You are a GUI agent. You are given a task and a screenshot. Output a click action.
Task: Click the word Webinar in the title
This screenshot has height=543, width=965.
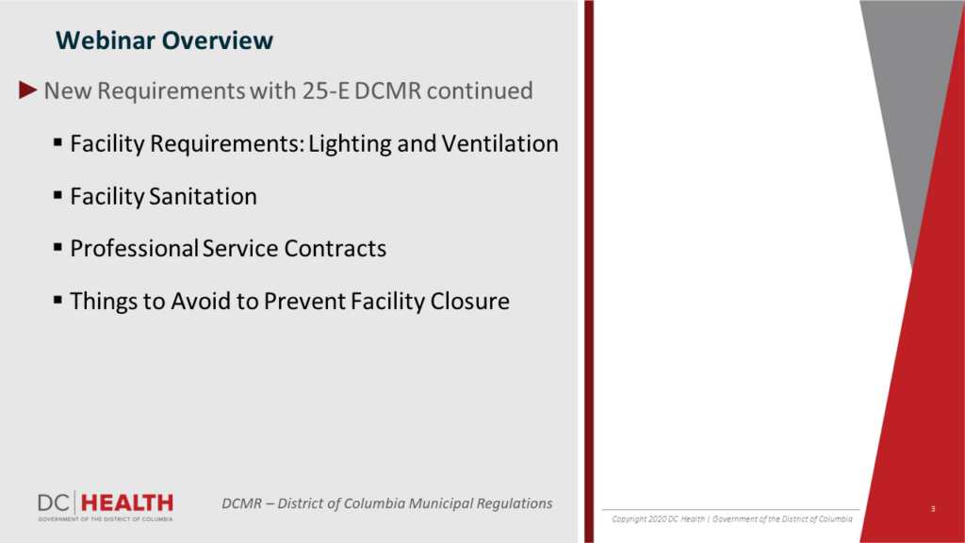(x=106, y=40)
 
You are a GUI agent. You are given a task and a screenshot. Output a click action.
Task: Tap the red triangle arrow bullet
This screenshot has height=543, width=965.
(x=27, y=90)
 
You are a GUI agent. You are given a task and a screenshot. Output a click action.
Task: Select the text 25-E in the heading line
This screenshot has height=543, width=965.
(x=325, y=90)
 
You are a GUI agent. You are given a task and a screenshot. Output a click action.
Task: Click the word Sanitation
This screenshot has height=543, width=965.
(x=204, y=196)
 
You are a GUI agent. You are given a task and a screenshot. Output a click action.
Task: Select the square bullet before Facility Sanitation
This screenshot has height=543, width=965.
(x=57, y=195)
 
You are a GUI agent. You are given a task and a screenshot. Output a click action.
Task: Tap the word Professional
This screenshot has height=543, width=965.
(x=134, y=249)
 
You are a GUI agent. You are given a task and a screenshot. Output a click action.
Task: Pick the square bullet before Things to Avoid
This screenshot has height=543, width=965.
(x=57, y=301)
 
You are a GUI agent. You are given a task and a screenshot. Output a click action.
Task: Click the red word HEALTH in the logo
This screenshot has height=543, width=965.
(x=127, y=503)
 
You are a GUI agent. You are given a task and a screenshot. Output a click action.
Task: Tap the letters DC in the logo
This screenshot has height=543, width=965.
(x=54, y=503)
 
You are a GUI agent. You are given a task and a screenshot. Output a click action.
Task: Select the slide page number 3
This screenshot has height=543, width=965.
(x=933, y=508)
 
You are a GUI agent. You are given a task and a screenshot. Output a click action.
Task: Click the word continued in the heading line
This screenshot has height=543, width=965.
(x=480, y=90)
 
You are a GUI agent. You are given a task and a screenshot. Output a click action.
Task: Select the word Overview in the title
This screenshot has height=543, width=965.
(x=218, y=40)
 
